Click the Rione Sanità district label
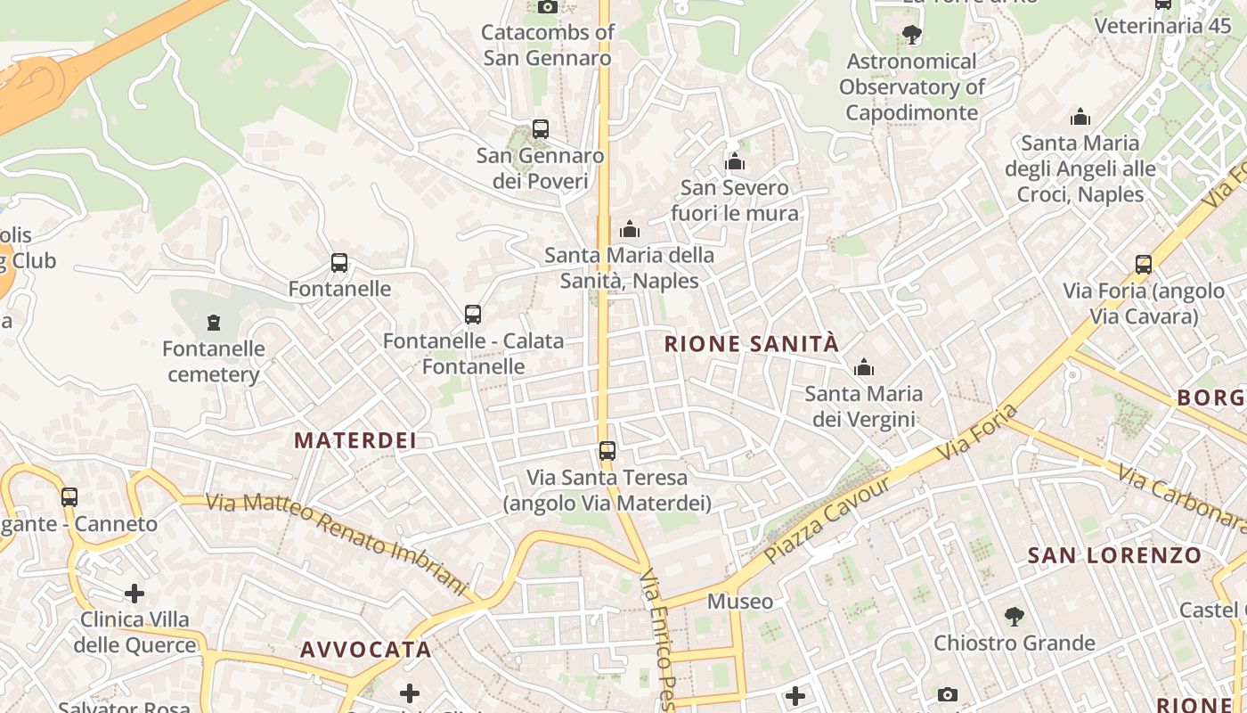click(x=752, y=344)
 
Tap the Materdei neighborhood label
click(x=355, y=440)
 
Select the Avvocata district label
click(x=366, y=650)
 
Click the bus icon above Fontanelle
click(x=339, y=263)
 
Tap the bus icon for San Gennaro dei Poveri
click(x=540, y=129)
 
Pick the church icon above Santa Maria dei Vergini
click(x=863, y=367)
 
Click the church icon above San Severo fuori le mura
click(x=735, y=161)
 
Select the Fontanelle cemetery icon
click(x=213, y=322)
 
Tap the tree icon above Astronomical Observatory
click(x=911, y=36)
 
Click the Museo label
click(x=740, y=602)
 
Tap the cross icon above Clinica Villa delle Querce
click(x=134, y=593)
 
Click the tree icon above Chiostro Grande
click(x=1014, y=616)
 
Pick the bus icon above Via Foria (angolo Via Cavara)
click(x=1144, y=265)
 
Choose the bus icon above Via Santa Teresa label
click(x=607, y=451)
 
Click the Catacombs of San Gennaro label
click(x=548, y=45)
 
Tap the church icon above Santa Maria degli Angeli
click(x=1080, y=117)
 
